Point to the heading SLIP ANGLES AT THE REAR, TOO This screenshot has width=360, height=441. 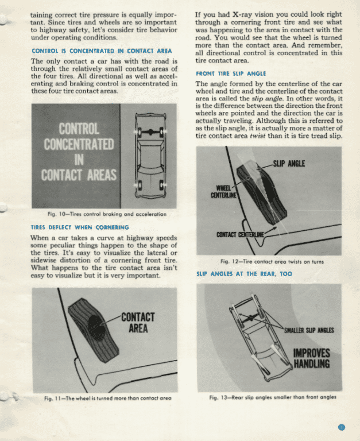click(244, 274)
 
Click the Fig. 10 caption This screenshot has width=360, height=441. click(107, 214)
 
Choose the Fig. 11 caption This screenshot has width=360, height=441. click(107, 397)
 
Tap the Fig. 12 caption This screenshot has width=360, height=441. click(272, 262)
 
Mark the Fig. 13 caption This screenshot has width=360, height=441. click(272, 397)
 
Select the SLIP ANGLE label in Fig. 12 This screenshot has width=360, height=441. click(289, 164)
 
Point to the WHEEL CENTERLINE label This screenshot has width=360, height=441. click(223, 191)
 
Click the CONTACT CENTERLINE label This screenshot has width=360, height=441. click(240, 235)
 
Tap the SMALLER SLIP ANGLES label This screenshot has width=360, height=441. click(309, 330)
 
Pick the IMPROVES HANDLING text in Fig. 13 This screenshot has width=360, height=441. click(311, 358)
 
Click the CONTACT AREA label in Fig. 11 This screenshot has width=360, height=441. click(138, 323)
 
